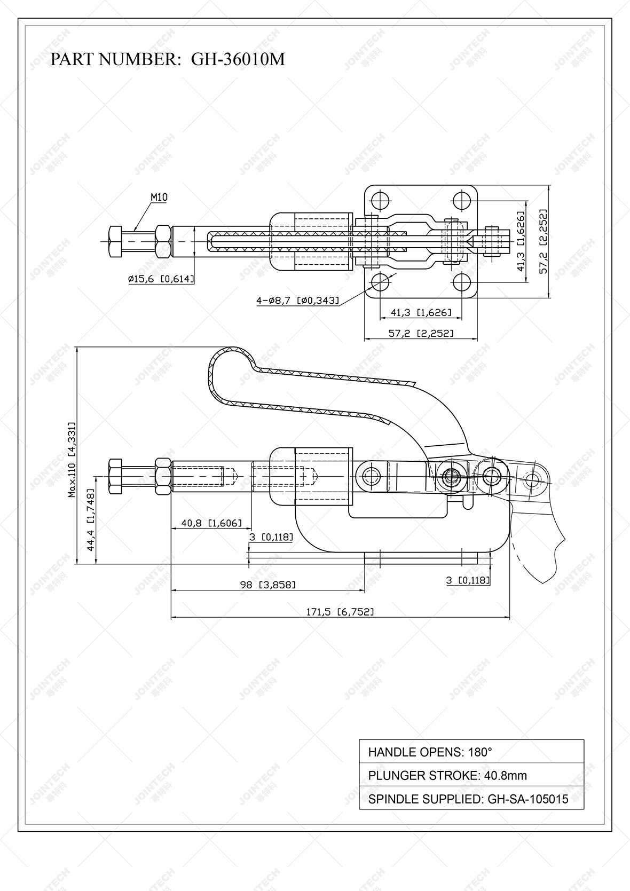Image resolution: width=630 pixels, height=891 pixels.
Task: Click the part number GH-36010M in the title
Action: click(x=238, y=59)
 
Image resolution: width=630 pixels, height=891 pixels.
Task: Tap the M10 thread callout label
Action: click(x=159, y=197)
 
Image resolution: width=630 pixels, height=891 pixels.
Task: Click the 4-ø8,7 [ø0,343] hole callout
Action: click(x=298, y=301)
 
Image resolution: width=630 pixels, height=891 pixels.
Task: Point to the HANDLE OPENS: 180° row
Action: click(x=471, y=752)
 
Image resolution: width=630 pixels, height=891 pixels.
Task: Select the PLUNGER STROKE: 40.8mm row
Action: click(x=471, y=775)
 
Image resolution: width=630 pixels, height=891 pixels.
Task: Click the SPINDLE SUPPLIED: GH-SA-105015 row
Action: click(x=471, y=799)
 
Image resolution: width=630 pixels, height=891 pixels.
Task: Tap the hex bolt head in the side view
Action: click(x=115, y=476)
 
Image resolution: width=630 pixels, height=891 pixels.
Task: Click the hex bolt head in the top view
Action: click(x=115, y=242)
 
